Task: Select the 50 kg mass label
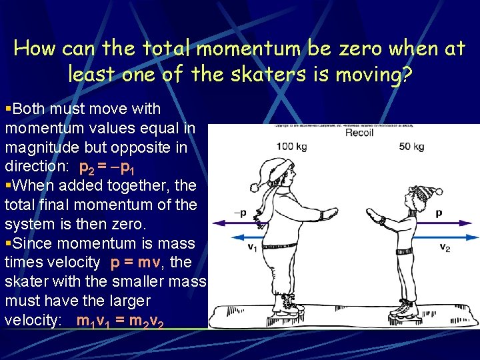coord(411,146)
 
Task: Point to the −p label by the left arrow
coord(240,213)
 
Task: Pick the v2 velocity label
coord(445,247)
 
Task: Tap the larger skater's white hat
coord(263,173)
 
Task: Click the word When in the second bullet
coord(29,185)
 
